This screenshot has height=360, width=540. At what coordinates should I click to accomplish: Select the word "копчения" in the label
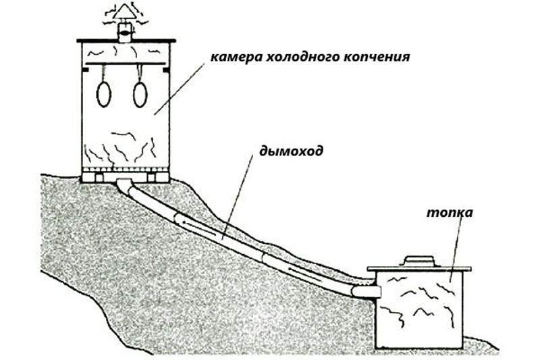[377, 57]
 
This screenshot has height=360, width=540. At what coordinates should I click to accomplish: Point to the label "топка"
[450, 212]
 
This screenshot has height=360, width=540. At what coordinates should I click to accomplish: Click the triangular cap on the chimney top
[125, 12]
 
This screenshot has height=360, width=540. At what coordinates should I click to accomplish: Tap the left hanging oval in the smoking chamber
[104, 95]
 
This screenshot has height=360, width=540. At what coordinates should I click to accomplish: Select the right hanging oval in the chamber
[140, 95]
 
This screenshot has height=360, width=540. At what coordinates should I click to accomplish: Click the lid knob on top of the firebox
[419, 261]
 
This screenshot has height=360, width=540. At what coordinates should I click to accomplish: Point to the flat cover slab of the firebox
[419, 269]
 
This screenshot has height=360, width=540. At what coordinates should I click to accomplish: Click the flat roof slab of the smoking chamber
[126, 41]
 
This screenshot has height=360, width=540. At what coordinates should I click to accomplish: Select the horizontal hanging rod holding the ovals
[126, 63]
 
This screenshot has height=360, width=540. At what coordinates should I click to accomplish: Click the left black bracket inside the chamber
[85, 70]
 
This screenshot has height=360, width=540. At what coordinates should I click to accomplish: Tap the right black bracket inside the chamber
[166, 70]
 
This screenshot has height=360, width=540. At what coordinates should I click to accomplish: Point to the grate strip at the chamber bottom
[126, 170]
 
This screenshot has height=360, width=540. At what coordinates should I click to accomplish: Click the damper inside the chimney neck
[125, 33]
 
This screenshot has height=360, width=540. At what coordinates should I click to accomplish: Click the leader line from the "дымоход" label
[238, 197]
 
